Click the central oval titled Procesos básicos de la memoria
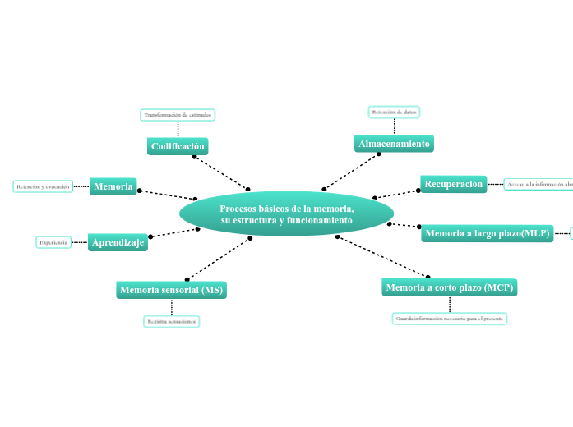point(286,214)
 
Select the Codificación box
point(178,146)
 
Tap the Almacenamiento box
point(394,144)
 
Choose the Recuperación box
point(453,184)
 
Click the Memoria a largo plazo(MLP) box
point(487,234)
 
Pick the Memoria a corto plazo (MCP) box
point(449,287)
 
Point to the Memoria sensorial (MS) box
point(171,290)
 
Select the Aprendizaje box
point(118,242)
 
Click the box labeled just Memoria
point(113,186)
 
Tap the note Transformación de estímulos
point(178,115)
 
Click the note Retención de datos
point(395,112)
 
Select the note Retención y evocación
point(44,186)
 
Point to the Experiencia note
point(53,242)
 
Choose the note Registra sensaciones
point(171,321)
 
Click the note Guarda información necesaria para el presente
point(449,318)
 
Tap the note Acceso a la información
point(538,185)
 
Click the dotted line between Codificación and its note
point(178,129)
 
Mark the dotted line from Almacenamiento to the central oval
point(352,171)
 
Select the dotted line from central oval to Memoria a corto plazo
point(382,256)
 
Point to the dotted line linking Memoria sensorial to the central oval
point(219,259)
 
